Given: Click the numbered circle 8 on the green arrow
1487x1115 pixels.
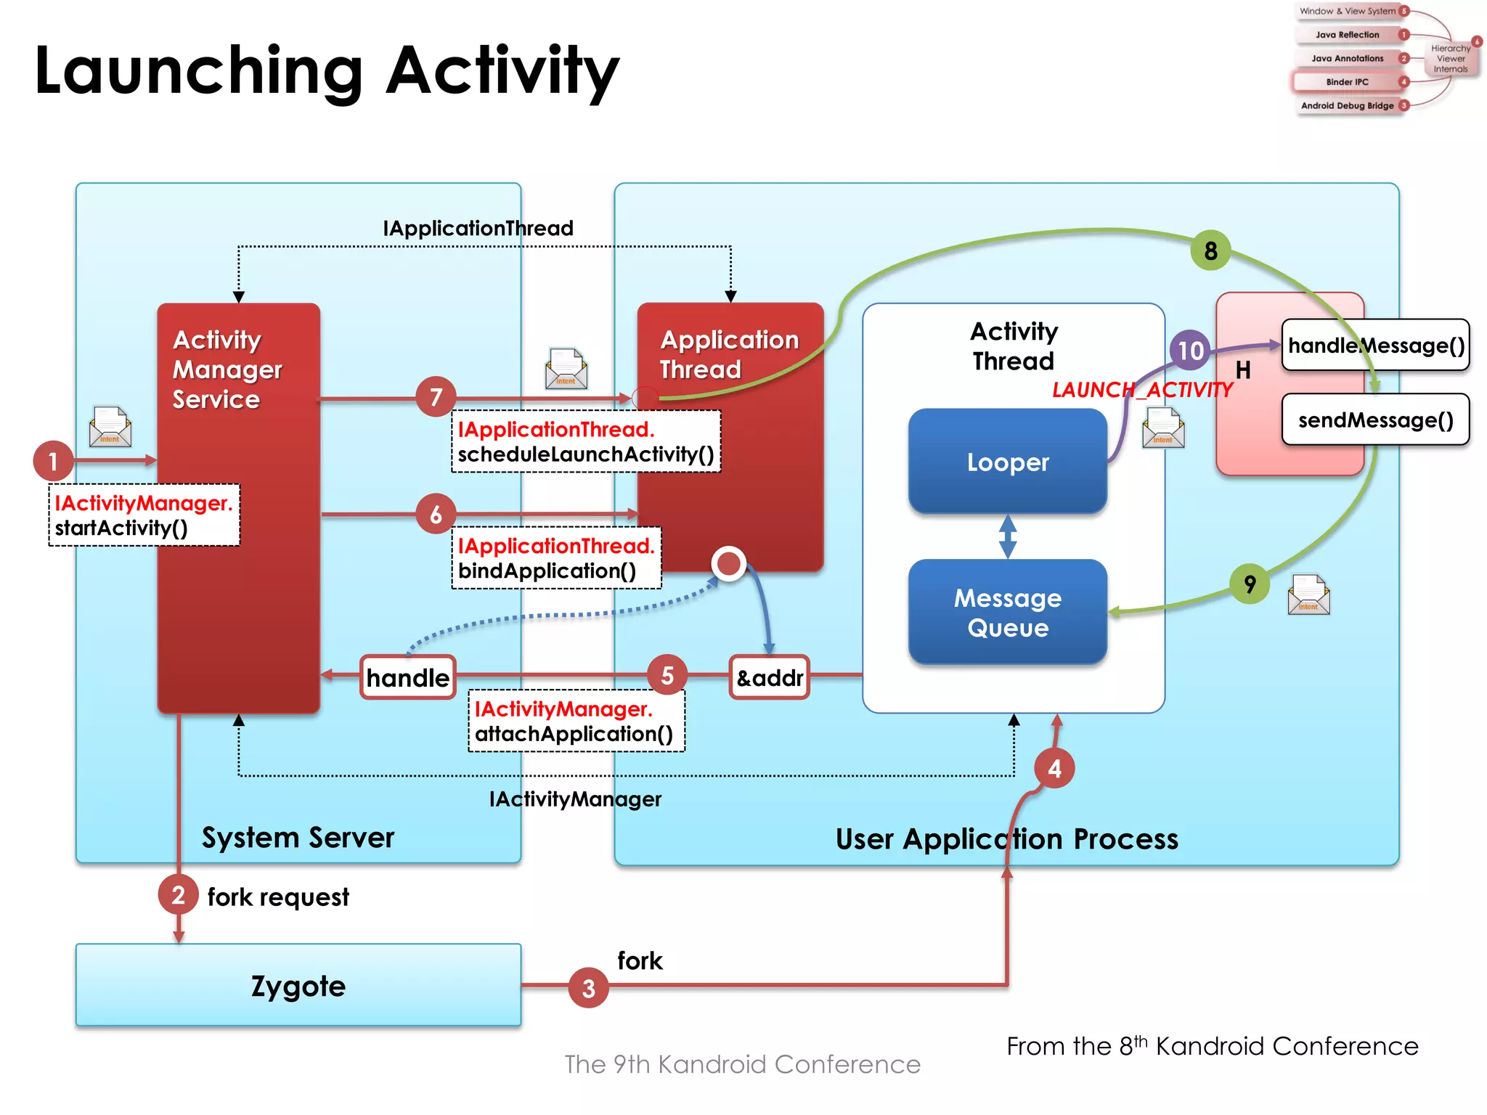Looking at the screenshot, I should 1210,250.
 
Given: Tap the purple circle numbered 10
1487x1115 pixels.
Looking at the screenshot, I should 1190,351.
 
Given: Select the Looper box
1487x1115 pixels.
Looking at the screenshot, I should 1007,462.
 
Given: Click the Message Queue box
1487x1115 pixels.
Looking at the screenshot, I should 1007,612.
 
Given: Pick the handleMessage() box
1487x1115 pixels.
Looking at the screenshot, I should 1375,346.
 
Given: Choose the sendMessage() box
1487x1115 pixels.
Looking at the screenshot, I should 1375,420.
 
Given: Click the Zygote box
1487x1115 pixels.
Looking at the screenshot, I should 298,985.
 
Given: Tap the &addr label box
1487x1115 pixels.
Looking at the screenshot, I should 769,677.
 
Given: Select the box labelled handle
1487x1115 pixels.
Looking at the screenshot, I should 407,677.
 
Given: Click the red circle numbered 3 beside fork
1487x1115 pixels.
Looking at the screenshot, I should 588,987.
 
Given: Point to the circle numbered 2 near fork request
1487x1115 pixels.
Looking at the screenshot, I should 178,895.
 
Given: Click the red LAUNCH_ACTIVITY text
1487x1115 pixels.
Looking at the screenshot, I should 1141,390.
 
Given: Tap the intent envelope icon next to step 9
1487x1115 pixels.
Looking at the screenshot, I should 1308,595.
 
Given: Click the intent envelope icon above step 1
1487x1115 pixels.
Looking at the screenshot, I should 110,427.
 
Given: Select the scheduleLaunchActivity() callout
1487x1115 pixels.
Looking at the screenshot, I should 585,441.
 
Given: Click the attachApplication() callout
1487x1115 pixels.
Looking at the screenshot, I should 575,721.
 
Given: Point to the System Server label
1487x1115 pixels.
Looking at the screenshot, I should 298,838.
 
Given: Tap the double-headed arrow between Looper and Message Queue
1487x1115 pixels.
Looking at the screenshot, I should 1007,536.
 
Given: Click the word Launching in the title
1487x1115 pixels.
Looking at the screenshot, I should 198,71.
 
